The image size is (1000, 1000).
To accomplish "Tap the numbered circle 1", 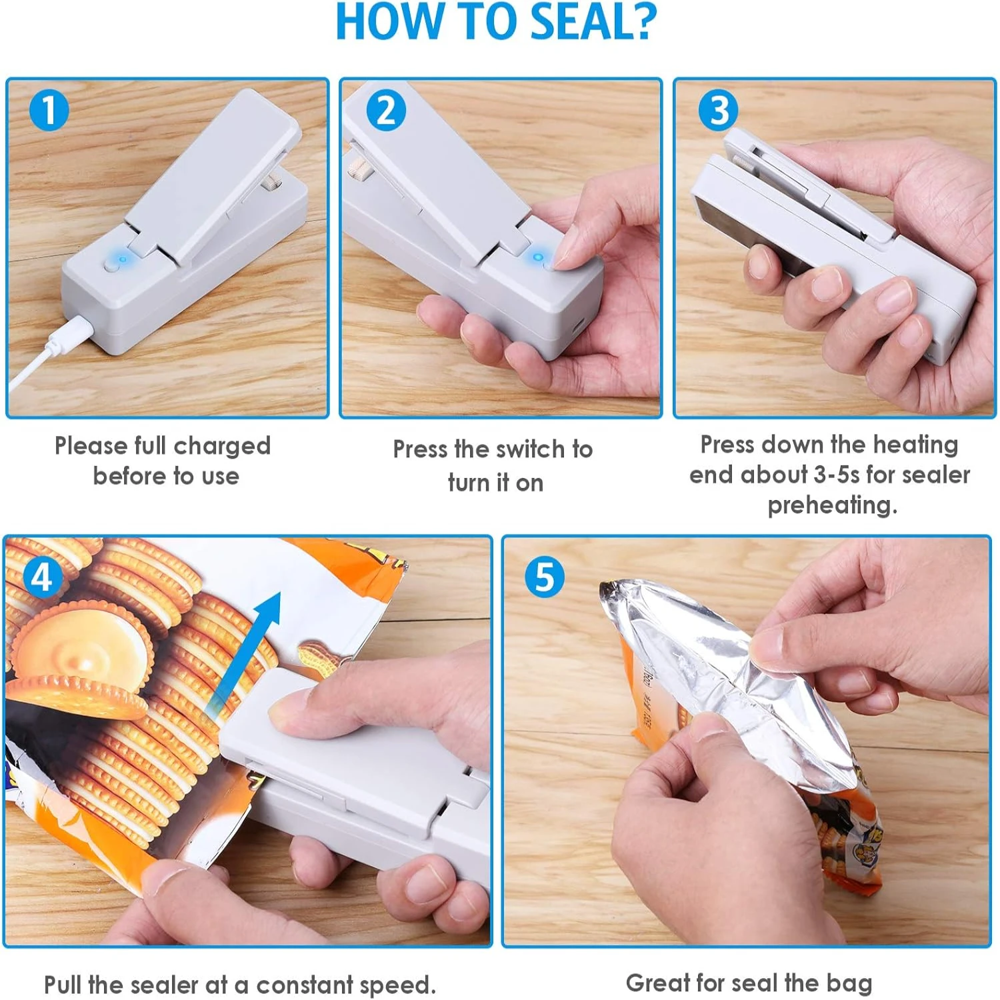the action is click(49, 110).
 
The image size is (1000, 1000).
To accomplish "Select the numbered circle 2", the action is click(386, 110).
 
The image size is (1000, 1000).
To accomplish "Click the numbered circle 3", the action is click(718, 110).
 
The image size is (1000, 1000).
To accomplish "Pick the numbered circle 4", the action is click(42, 577).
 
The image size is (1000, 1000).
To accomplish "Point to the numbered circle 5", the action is click(545, 577).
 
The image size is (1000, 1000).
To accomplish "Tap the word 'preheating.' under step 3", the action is click(832, 505).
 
